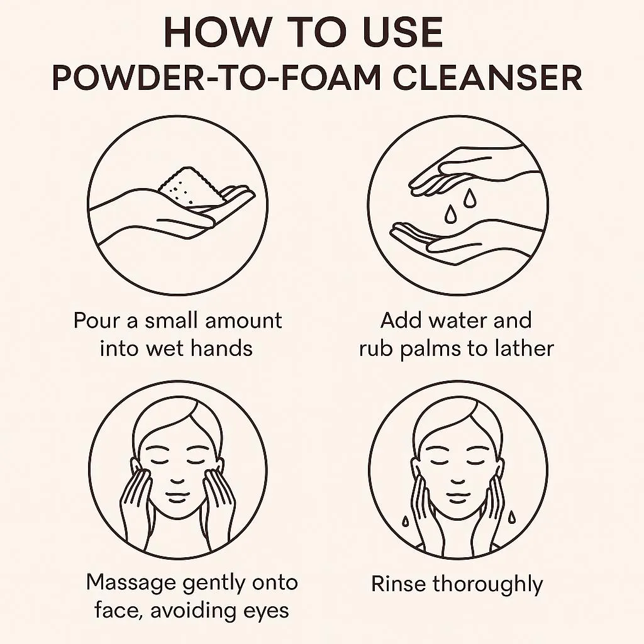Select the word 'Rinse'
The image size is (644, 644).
click(x=398, y=584)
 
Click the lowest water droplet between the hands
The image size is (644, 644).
click(x=450, y=214)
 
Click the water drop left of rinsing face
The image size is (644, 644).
click(x=405, y=521)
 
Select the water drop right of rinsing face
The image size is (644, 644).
click(x=512, y=517)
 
